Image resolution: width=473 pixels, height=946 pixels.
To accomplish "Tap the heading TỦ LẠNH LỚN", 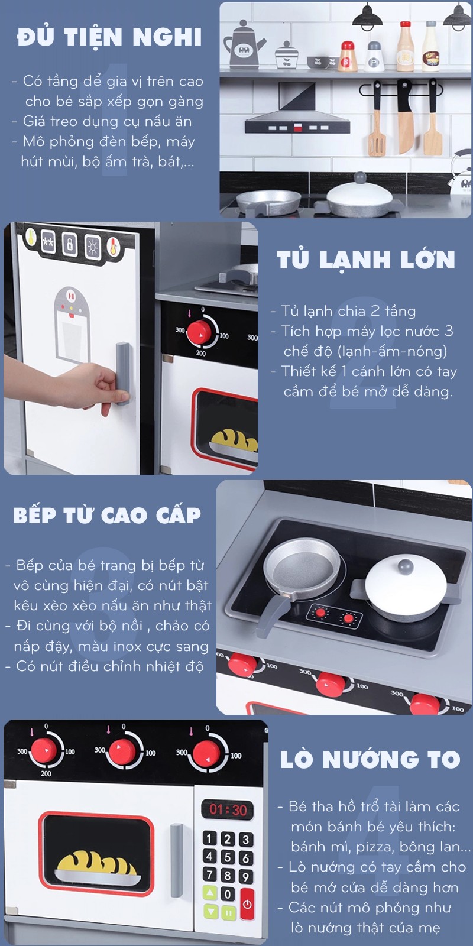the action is coord(366,259).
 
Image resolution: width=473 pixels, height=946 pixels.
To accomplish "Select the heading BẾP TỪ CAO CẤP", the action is coord(107,515).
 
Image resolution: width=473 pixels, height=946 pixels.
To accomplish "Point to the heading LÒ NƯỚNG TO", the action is coord(370,759).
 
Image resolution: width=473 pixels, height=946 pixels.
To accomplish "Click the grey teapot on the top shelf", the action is coord(244,45).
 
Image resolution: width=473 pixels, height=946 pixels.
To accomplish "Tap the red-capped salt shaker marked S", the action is coord(348,56).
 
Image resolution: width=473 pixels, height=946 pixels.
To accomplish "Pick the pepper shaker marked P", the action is coord(374,56).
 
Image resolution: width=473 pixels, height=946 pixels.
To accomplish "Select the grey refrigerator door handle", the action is coord(122,373).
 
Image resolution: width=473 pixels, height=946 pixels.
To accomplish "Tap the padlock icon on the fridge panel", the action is coord(70,243).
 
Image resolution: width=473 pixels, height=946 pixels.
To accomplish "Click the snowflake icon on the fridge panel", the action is coord(48,242).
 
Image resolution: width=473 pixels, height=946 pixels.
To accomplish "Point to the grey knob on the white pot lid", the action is coord(406,565).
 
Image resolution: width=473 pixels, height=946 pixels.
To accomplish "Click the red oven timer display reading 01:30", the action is coord(228,809).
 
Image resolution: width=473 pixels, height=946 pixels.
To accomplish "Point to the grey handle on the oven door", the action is coord(177,860).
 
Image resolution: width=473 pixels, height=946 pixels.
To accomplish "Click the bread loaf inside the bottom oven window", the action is coord(96,864).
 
